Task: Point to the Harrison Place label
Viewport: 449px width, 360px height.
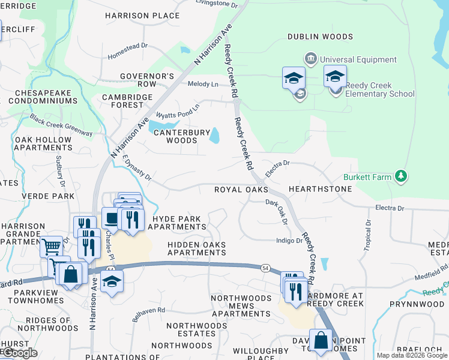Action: click(x=142, y=16)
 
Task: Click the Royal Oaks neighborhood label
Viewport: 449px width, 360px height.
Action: click(x=241, y=190)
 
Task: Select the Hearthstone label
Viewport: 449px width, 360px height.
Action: click(x=320, y=189)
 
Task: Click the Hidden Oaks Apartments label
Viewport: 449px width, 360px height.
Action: click(x=197, y=248)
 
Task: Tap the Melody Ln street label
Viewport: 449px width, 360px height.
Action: click(x=202, y=84)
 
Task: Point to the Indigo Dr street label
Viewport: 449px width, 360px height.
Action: click(x=289, y=241)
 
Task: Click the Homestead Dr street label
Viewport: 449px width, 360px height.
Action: click(x=127, y=51)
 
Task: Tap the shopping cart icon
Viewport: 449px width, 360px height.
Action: click(x=52, y=246)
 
